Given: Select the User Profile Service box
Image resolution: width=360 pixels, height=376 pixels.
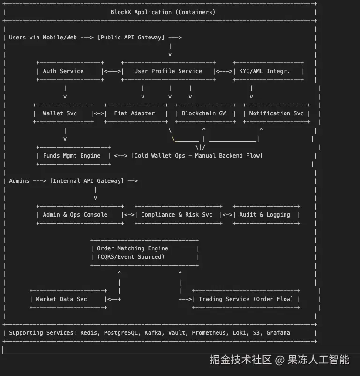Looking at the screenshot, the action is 168,71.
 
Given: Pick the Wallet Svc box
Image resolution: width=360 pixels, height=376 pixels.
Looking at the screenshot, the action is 63,113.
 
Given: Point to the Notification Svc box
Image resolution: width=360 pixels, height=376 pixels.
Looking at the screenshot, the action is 276,113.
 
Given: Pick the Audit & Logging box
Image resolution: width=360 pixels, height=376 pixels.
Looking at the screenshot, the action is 266,215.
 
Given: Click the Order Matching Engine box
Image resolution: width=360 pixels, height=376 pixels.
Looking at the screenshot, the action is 144,253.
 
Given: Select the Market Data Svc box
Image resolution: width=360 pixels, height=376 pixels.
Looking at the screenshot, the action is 68,299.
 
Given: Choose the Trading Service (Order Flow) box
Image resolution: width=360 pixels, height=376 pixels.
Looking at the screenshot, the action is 246,299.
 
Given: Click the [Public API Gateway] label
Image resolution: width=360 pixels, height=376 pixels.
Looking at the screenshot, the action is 131,38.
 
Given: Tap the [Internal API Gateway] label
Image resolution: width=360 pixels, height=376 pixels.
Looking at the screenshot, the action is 87,181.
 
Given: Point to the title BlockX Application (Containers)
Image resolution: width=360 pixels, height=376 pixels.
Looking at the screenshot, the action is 163,12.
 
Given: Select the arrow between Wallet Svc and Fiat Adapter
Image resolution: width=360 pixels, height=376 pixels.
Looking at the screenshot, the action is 98,113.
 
